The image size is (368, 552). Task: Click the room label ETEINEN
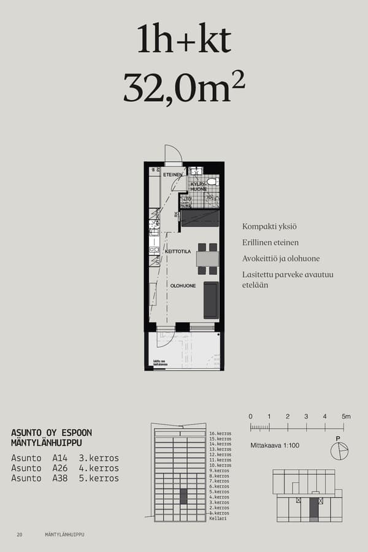(x=172, y=175)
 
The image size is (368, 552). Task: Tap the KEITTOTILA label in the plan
(x=178, y=251)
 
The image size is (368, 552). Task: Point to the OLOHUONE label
(x=183, y=285)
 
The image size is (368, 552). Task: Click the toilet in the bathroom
(x=212, y=182)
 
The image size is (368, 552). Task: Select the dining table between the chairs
(x=207, y=259)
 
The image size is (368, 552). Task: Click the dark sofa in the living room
(x=211, y=300)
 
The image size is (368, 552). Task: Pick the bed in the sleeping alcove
(x=201, y=218)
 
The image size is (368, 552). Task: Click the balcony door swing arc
(x=165, y=339)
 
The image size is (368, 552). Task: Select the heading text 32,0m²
(x=184, y=88)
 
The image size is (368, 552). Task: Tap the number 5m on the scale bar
(x=346, y=416)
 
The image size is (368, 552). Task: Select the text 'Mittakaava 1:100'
(x=275, y=445)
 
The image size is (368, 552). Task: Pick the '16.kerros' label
(x=220, y=433)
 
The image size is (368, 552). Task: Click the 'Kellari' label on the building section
(x=217, y=518)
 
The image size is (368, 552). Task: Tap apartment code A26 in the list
(x=60, y=468)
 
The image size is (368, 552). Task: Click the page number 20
(x=20, y=535)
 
